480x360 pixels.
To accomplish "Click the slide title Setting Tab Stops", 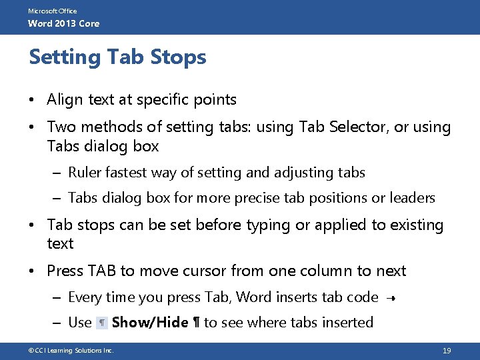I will coord(117,57).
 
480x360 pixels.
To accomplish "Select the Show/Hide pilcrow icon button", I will coord(102,323).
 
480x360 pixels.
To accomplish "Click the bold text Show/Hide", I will coord(150,323).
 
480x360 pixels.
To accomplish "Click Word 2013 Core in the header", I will coord(63,23).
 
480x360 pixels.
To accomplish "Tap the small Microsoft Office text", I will coord(52,11).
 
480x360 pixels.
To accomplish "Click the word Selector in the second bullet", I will coord(359,127).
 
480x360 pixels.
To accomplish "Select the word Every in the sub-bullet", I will coord(85,297).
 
